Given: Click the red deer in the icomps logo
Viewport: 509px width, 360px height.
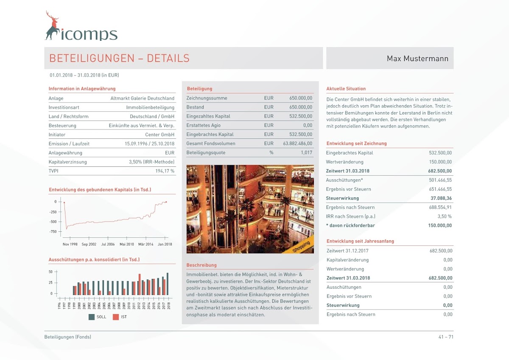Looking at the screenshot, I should pyautogui.click(x=52, y=26).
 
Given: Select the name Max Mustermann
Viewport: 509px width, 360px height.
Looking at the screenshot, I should pyautogui.click(x=417, y=59).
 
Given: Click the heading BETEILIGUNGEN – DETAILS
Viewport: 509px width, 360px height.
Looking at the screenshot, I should pyautogui.click(x=119, y=59).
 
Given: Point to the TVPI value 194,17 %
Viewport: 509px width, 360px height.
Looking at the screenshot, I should pyautogui.click(x=165, y=171).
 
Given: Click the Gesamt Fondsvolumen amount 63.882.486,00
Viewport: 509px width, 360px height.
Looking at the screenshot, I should pyautogui.click(x=297, y=143).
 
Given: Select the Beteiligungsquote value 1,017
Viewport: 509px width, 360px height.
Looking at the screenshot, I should pyautogui.click(x=306, y=152).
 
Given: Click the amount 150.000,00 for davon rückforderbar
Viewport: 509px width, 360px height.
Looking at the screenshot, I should pyautogui.click(x=440, y=225).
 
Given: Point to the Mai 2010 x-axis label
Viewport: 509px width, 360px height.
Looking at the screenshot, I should pyautogui.click(x=126, y=244).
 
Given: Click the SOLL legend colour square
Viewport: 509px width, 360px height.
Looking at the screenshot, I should pyautogui.click(x=91, y=317).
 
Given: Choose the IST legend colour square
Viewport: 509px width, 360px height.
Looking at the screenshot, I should pyautogui.click(x=115, y=317).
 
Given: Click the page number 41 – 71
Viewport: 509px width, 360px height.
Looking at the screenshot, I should pyautogui.click(x=446, y=337).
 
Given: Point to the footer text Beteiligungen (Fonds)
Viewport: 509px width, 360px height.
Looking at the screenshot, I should pyautogui.click(x=67, y=337).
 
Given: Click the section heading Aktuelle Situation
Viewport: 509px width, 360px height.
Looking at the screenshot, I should pyautogui.click(x=346, y=89).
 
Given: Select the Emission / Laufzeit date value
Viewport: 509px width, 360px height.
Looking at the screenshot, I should pyautogui.click(x=149, y=144).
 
